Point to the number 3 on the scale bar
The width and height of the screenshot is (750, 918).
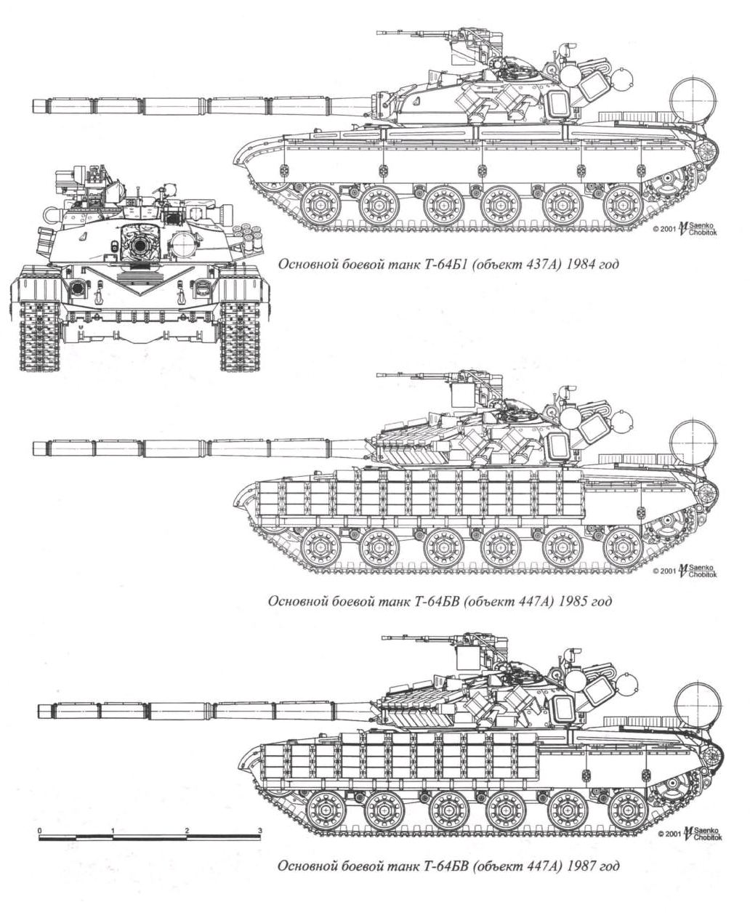pyautogui.click(x=259, y=829)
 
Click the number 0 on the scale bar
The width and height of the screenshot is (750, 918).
pyautogui.click(x=40, y=829)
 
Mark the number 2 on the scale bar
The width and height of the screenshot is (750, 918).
pyautogui.click(x=187, y=829)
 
